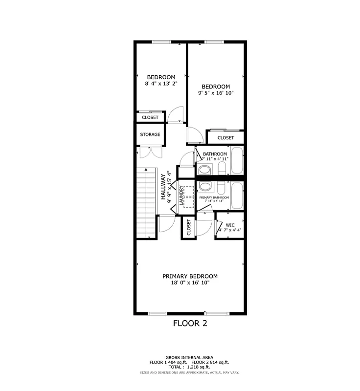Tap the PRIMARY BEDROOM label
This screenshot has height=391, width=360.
tap(190, 276)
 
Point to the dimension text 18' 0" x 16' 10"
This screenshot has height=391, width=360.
tap(190, 283)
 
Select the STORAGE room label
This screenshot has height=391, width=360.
tap(150, 134)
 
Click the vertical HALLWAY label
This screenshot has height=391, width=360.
tap(163, 187)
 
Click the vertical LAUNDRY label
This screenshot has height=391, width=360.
tap(181, 195)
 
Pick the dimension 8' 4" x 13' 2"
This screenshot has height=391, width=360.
tap(161, 84)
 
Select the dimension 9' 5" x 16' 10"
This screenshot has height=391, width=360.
tap(216, 93)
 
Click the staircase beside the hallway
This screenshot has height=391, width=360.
tap(146, 201)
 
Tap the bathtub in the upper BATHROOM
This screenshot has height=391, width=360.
tap(237, 161)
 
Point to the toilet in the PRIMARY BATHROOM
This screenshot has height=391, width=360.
tap(205, 187)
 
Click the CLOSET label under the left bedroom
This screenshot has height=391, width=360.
tap(150, 117)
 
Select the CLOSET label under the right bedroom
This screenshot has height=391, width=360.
tap(225, 138)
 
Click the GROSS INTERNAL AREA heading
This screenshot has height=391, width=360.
tap(189, 358)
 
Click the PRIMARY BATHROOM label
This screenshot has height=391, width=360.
tap(214, 197)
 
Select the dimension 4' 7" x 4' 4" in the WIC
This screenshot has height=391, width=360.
tap(230, 230)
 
